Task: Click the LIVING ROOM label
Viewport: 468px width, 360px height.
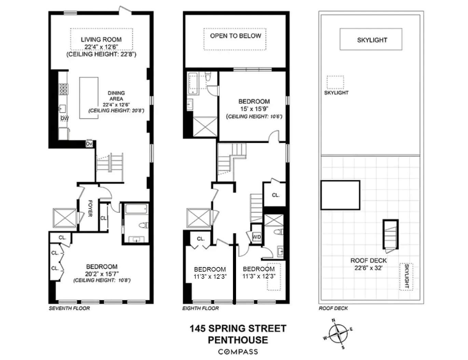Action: click(x=101, y=40)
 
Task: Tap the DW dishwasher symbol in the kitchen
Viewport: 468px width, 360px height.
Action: click(x=65, y=119)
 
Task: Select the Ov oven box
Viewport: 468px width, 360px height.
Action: click(x=89, y=144)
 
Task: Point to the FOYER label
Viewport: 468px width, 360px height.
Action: click(x=90, y=208)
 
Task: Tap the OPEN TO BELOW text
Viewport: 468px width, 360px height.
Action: click(x=235, y=36)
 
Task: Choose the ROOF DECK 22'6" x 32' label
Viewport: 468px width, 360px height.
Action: click(x=369, y=264)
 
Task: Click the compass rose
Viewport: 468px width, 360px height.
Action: click(x=338, y=333)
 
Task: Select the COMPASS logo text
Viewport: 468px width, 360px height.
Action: click(x=238, y=352)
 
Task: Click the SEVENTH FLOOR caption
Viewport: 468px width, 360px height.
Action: click(x=69, y=308)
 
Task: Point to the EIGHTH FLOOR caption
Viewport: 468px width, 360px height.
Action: click(x=201, y=308)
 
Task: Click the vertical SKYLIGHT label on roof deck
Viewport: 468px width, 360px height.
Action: click(x=407, y=276)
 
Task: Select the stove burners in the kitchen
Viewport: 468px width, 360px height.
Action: click(x=63, y=89)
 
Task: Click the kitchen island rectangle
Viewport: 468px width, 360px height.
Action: click(x=89, y=98)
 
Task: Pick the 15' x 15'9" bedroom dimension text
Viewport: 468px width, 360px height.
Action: click(x=254, y=109)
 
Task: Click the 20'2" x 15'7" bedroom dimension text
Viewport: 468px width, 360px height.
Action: click(x=102, y=274)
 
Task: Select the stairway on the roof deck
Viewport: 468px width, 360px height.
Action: click(x=390, y=236)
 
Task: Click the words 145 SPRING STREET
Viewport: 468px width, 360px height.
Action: click(x=238, y=329)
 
